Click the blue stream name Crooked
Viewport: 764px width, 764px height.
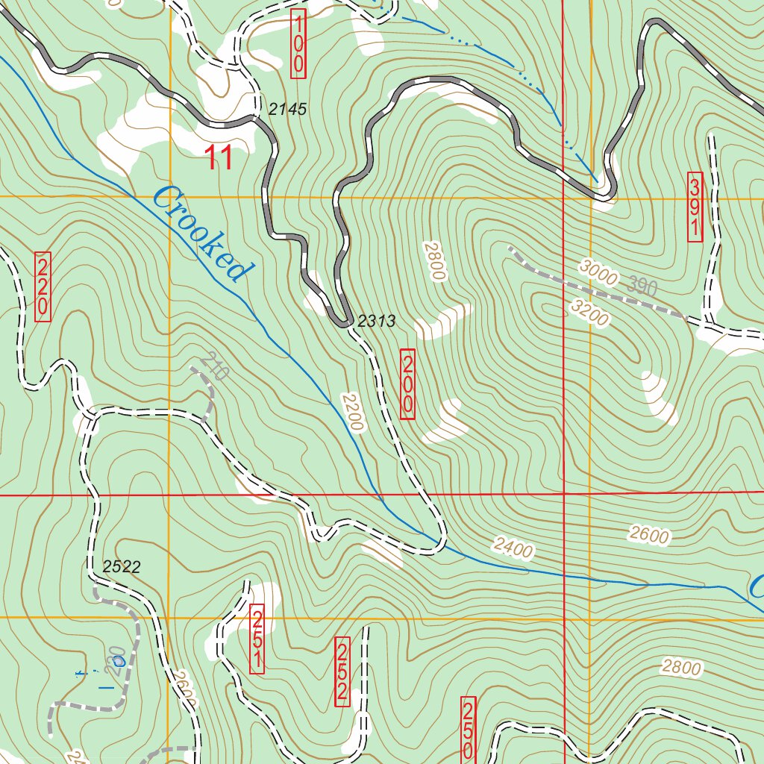pos(200,234)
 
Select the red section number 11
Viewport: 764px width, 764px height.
pos(218,158)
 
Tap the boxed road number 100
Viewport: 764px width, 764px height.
pos(298,44)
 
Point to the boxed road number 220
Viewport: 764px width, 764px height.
pos(43,286)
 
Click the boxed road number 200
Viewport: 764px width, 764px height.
pos(407,383)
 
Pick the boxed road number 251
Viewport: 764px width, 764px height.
pos(257,639)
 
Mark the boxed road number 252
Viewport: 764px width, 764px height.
pos(342,671)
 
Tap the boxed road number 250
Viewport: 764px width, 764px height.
pos(469,730)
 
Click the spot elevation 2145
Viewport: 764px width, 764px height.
pos(287,110)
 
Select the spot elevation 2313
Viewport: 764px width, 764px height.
pos(376,322)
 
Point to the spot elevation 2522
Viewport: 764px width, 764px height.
pos(122,567)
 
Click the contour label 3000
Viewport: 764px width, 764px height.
pos(597,275)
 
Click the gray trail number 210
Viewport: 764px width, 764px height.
pos(216,366)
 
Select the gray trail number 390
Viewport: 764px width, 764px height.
pos(642,286)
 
